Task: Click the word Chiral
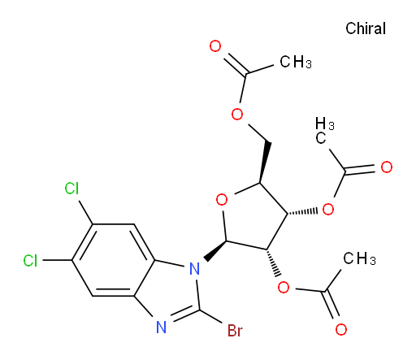pos(366,28)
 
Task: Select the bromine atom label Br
pos(235,331)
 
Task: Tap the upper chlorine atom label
pos(71,188)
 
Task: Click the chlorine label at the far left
pos(30,261)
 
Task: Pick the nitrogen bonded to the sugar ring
pos(194,268)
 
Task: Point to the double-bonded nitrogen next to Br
pos(162,327)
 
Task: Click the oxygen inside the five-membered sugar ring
pos(222,200)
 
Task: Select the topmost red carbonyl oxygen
pos(215,46)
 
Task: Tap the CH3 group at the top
pos(296,62)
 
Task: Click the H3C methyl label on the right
pos(324,131)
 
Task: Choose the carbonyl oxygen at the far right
pos(387,167)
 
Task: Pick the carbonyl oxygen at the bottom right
pos(341,329)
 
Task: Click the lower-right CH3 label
pos(359,258)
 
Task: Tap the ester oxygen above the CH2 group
pos(237,114)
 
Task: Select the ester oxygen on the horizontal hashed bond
pos(328,209)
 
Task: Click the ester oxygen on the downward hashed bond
pos(284,287)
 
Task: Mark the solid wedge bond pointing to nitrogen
pos(215,251)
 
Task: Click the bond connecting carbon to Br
pos(211,316)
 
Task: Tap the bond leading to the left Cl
pos(58,260)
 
